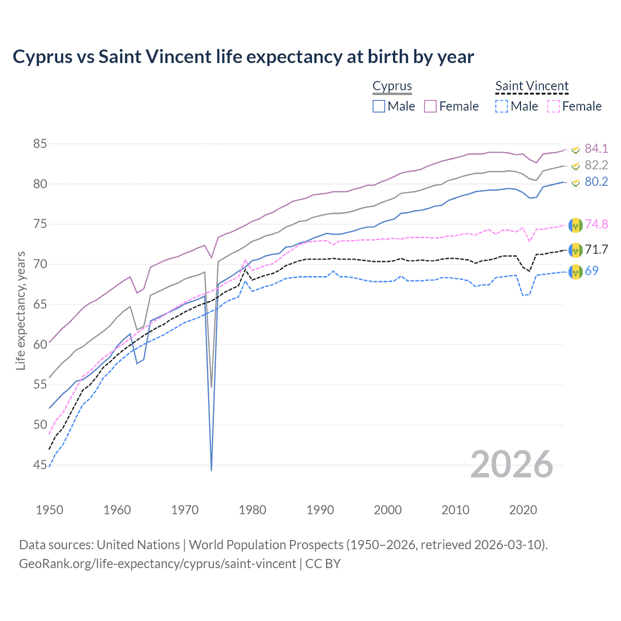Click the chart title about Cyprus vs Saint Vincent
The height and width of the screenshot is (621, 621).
point(243,57)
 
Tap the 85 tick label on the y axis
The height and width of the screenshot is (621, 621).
point(40,144)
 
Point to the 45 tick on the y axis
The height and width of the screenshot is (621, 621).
point(40,465)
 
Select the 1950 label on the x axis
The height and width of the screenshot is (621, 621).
point(49,510)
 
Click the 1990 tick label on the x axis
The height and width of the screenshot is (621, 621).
point(320,510)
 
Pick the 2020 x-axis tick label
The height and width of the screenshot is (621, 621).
point(523,510)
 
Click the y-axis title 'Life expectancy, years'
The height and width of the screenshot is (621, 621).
point(20,310)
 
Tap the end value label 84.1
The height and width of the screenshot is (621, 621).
point(596,148)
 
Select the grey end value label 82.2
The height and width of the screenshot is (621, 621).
point(596,165)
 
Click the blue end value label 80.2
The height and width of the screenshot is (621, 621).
point(596,181)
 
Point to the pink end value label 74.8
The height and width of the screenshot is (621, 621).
point(596,224)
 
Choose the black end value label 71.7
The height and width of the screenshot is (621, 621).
point(596,249)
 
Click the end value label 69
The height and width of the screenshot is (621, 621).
point(591,271)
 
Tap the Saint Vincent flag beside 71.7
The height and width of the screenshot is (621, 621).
point(575,250)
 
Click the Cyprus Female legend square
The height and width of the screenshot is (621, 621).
point(430,106)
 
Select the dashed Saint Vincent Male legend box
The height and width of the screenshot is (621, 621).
point(502,106)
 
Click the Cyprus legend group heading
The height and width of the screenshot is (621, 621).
point(392,86)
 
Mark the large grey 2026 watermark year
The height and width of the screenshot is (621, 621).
point(512,464)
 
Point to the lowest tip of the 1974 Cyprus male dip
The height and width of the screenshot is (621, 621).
point(212,470)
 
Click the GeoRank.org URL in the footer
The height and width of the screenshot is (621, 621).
point(158,564)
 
